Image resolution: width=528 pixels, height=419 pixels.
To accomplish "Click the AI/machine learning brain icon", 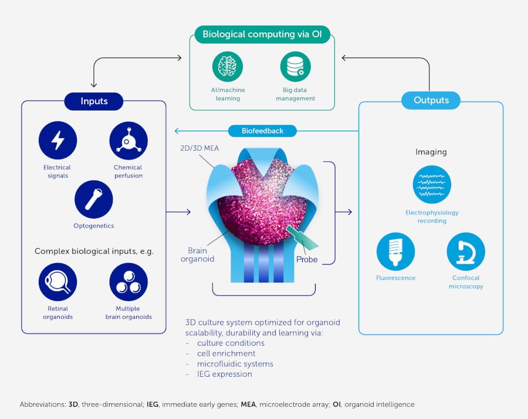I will pos(228,67).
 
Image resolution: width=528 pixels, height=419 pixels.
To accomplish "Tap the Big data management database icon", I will pos(295,67).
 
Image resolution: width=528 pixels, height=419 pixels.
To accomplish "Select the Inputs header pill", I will pos(94,101).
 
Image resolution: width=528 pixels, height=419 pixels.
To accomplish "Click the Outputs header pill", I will pos(431,100).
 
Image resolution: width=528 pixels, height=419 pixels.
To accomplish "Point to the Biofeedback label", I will pos(262,131).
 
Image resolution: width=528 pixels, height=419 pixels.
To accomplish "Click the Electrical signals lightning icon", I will pos(57,141).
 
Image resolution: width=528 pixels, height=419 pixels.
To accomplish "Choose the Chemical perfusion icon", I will pos(128,141).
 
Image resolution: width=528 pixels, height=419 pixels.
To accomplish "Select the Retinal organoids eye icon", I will pos(57,282).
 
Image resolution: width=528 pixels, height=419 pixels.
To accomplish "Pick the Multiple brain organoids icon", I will pos(128,282).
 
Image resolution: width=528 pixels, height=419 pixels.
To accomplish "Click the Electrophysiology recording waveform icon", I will pos(432,185).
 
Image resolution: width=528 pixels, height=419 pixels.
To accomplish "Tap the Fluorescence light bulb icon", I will pos(395,251).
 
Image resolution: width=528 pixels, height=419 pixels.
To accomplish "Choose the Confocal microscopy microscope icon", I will pos(466,251).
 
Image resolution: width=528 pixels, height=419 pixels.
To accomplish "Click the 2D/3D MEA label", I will pos(199,148).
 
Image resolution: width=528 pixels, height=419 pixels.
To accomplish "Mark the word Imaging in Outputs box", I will pos(431,152).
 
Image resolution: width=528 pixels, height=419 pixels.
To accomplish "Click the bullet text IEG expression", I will pos(225,374).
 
